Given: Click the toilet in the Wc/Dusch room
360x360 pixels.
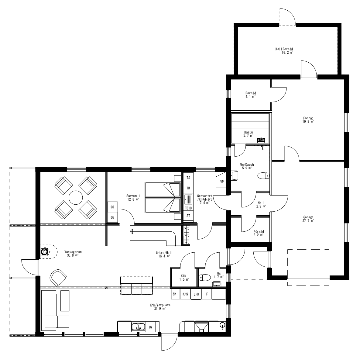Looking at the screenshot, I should pyautogui.click(x=263, y=176).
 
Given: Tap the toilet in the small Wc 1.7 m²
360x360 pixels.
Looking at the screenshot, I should pyautogui.click(x=204, y=277).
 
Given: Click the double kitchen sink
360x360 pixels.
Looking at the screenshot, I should pyautogui.click(x=139, y=327).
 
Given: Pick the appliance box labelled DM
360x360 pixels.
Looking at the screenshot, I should pyautogui.click(x=151, y=327).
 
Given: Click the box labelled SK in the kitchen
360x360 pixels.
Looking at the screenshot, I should pyautogui.click(x=174, y=294).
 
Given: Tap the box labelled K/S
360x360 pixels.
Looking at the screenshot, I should pyautogui.click(x=185, y=294).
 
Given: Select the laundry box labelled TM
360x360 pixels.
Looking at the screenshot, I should pyautogui.click(x=188, y=188).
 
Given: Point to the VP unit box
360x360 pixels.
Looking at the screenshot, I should pyautogui.click(x=221, y=182).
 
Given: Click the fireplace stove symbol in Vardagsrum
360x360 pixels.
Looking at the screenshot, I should pyautogui.click(x=45, y=252).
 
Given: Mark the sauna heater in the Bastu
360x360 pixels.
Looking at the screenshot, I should pyautogui.click(x=261, y=140).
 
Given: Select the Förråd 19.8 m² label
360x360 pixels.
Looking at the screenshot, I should pyautogui.click(x=308, y=119).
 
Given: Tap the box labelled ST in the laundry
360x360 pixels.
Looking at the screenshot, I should pyautogui.click(x=188, y=216).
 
